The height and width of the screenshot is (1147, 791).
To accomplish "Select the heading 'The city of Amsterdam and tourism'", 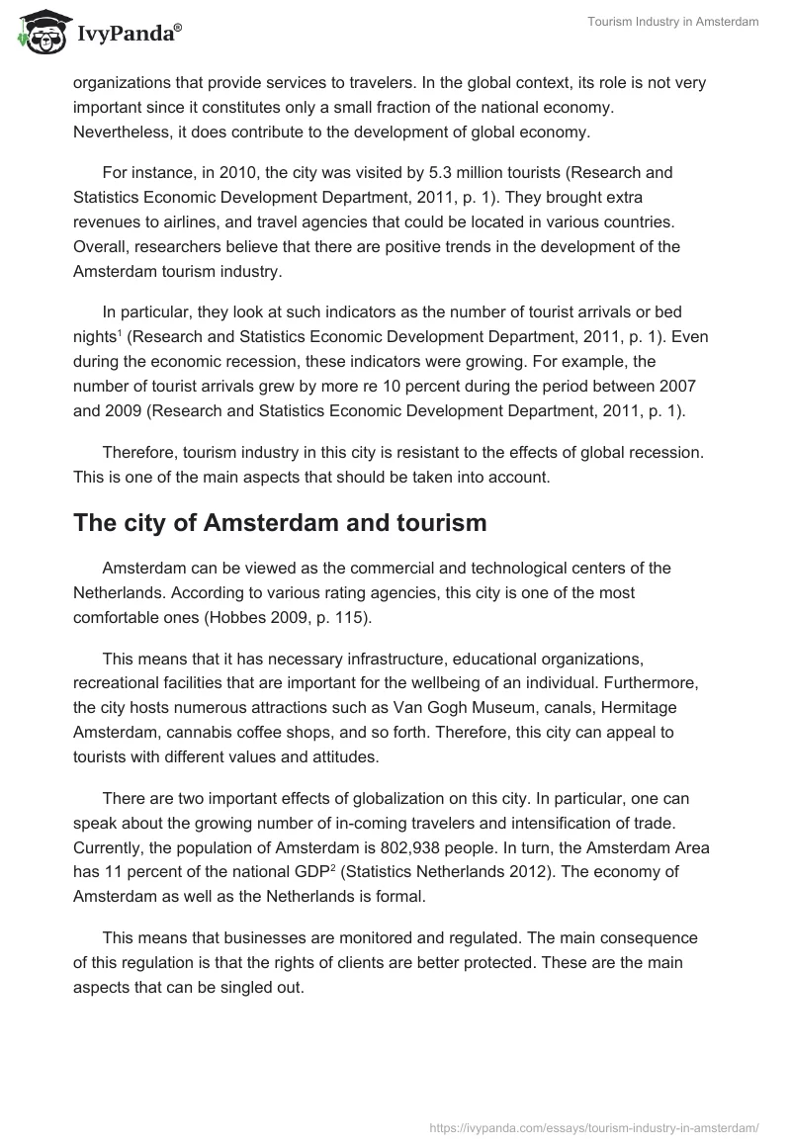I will [x=280, y=523].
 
